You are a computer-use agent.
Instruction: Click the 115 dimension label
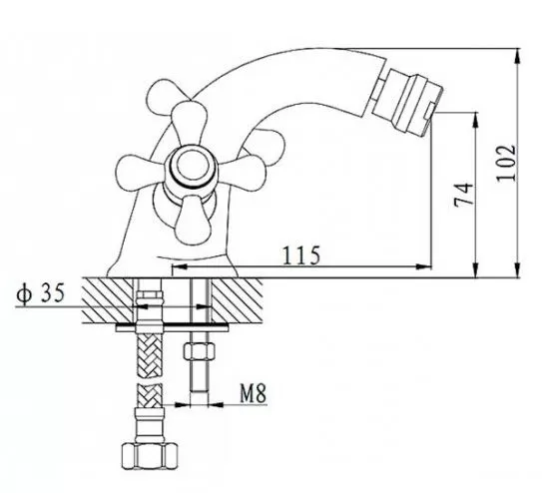click(x=301, y=255)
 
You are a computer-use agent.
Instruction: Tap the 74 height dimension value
click(x=463, y=195)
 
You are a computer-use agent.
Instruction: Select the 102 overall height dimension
click(x=506, y=163)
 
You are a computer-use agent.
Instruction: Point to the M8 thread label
click(x=254, y=393)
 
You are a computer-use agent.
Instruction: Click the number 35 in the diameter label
click(x=53, y=292)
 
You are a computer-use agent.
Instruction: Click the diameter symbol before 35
click(x=24, y=293)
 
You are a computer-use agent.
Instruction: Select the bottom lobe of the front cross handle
click(x=193, y=220)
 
